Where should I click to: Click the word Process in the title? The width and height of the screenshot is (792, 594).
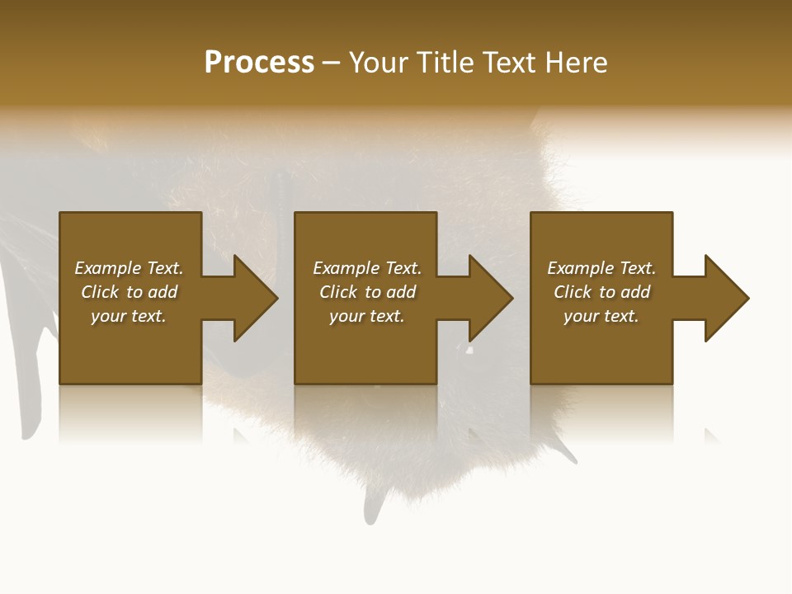point(259,63)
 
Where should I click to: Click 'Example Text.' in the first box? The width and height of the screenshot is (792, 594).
point(129,268)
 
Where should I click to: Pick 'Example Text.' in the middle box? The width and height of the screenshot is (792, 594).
point(366,268)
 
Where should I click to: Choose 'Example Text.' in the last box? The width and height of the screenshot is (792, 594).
point(601,268)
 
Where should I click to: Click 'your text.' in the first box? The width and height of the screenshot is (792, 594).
point(129,316)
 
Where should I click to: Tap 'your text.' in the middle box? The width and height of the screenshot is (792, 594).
point(366,316)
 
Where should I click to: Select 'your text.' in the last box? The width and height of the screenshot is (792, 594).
point(601,316)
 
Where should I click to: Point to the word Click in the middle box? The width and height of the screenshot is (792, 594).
point(339,292)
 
